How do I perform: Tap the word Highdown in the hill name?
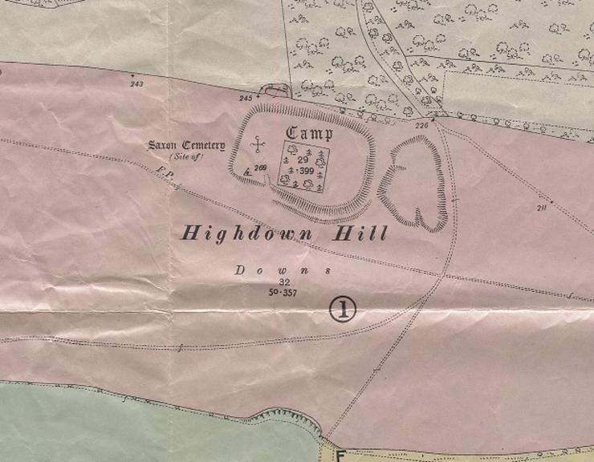tap(244, 234)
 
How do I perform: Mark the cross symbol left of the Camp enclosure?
tap(258, 145)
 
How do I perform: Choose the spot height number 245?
tap(245, 98)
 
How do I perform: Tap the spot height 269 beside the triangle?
tap(259, 168)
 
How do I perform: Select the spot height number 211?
tap(540, 208)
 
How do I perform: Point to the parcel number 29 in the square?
tap(303, 160)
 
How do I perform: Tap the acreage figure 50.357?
tap(283, 293)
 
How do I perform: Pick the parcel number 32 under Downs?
tap(283, 282)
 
